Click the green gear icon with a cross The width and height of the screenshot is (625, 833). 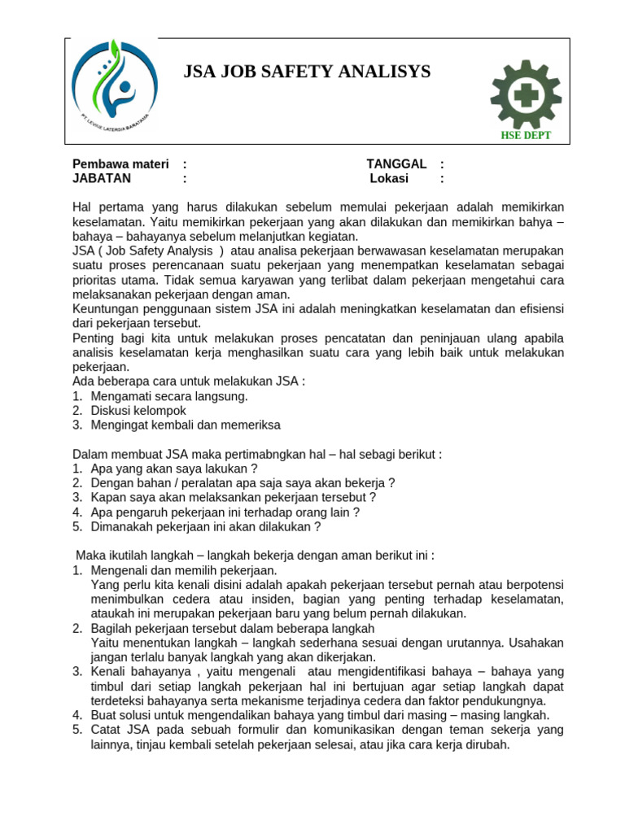[525, 94]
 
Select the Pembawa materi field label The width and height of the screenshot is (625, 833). [120, 164]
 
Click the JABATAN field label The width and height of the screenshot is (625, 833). [102, 178]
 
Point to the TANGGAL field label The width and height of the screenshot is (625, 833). [396, 164]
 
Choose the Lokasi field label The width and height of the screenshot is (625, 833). [389, 178]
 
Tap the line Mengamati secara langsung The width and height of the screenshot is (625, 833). [169, 396]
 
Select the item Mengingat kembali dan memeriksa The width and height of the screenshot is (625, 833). [186, 425]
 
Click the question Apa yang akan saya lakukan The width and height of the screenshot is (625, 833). [174, 469]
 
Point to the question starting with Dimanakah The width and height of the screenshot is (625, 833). [206, 526]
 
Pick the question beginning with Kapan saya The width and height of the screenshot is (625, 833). [234, 497]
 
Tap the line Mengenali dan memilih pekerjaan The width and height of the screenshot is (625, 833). [184, 570]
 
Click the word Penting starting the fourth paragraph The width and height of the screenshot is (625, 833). [94, 338]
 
